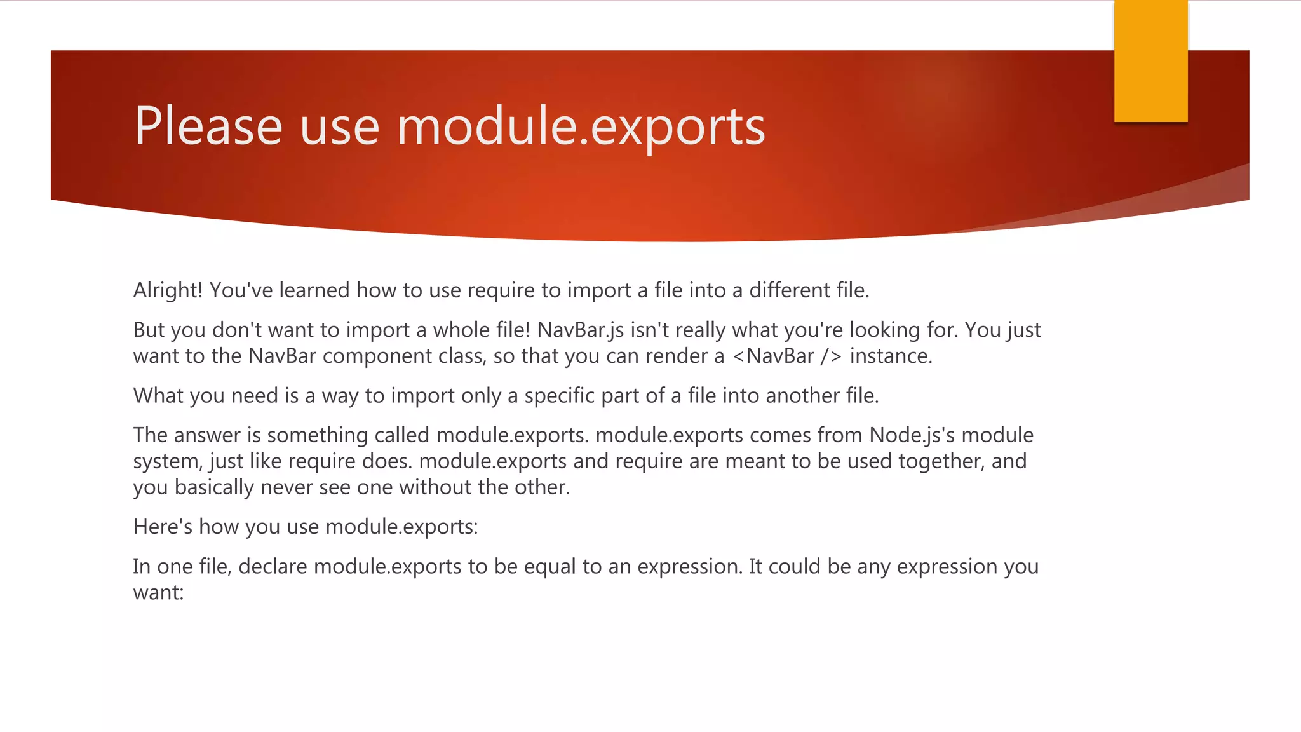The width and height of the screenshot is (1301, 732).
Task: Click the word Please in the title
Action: tap(208, 126)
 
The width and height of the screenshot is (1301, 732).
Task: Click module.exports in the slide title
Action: tap(581, 126)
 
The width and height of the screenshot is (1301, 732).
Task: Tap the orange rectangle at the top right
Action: tap(1150, 61)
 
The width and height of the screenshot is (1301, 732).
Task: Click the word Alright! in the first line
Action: tap(168, 290)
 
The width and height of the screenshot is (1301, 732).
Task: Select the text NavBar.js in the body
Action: tap(580, 330)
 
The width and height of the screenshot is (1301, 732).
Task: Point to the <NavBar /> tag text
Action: tap(787, 356)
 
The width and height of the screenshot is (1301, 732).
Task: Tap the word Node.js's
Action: tap(912, 435)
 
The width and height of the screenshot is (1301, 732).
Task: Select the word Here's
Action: tap(163, 527)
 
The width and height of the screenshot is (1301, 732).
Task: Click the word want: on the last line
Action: tap(158, 593)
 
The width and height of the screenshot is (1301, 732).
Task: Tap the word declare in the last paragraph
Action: tap(273, 566)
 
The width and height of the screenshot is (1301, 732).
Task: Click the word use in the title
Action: tap(339, 126)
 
